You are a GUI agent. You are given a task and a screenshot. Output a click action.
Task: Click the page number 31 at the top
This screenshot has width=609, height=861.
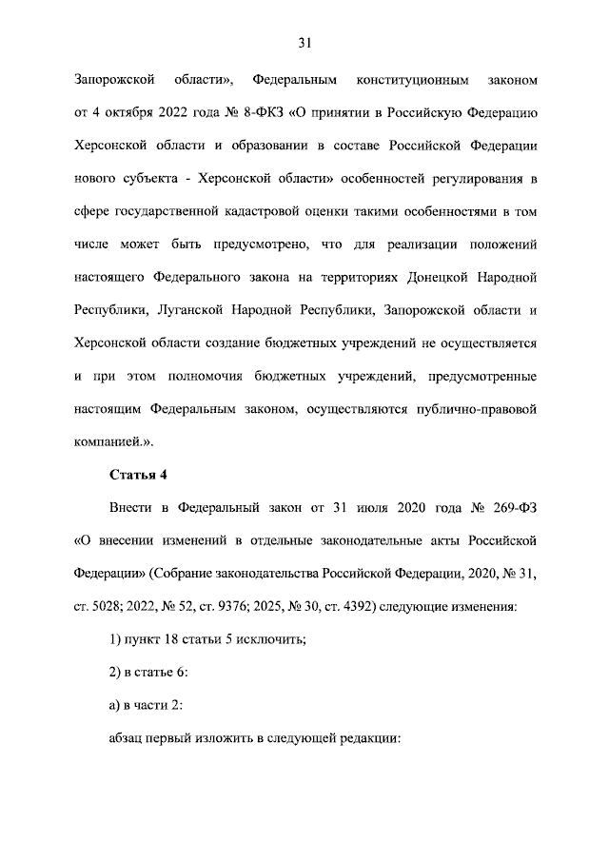[304, 42]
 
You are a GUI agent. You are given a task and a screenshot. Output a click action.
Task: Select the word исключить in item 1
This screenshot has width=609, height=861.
[271, 640]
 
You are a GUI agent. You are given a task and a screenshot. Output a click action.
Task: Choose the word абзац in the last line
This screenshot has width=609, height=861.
[129, 739]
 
